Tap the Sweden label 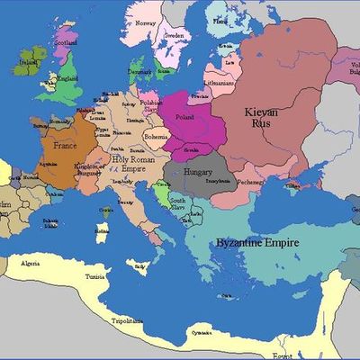coord(175,38)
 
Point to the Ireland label coord(28,61)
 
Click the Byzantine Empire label coord(257,243)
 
